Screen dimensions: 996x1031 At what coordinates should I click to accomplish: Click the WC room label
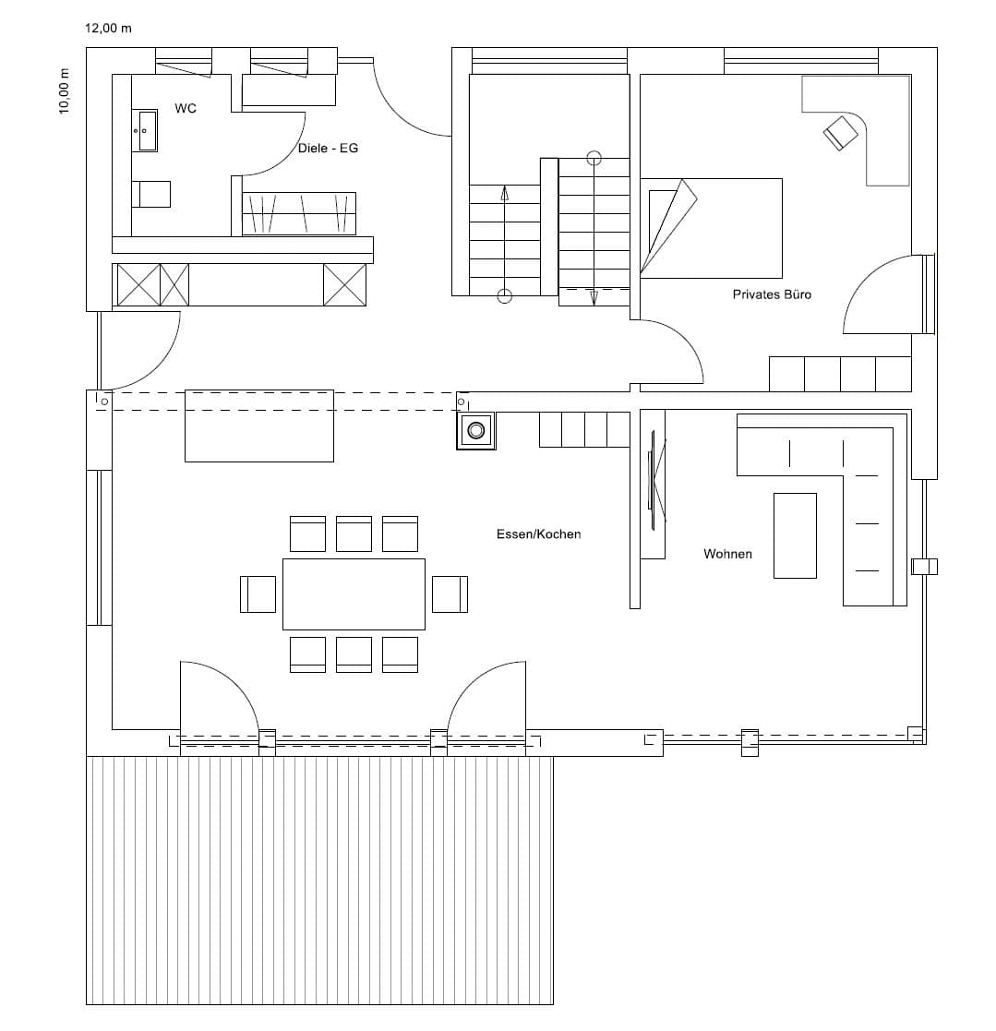[x=186, y=109]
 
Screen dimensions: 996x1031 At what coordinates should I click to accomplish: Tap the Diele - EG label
[x=328, y=149]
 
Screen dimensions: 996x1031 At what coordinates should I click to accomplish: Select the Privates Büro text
[x=772, y=294]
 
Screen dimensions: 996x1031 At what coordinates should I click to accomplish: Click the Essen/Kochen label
[x=538, y=534]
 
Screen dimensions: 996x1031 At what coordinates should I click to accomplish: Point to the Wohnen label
[x=727, y=555]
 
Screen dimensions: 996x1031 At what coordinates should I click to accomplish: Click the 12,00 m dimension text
[x=109, y=29]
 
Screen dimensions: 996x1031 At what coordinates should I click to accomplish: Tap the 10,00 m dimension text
[x=65, y=91]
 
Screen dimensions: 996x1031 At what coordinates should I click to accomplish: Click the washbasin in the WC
[x=145, y=131]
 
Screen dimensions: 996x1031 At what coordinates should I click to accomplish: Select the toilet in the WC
[x=151, y=195]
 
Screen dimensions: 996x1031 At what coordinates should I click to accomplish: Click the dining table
[x=354, y=594]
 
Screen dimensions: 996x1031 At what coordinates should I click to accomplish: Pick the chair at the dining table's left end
[x=258, y=594]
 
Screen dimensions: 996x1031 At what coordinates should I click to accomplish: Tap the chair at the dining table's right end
[x=450, y=594]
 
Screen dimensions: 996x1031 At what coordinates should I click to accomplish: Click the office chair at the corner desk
[x=841, y=133]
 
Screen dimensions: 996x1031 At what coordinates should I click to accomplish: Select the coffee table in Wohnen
[x=795, y=536]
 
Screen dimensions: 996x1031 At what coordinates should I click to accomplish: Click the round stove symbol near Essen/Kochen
[x=476, y=431]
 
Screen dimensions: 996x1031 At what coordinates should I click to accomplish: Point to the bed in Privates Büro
[x=712, y=228]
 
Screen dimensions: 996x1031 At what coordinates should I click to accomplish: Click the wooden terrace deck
[x=319, y=881]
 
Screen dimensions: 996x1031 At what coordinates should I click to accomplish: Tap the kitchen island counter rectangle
[x=259, y=426]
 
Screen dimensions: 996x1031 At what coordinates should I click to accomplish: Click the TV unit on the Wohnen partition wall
[x=653, y=485]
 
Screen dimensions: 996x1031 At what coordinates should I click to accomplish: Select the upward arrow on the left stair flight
[x=504, y=244]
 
